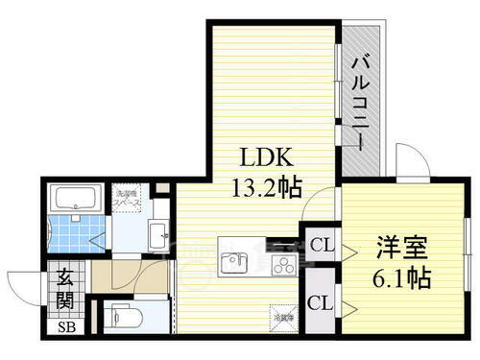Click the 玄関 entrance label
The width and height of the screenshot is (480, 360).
pos(63,286)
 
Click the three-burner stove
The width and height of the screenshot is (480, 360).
pos(283,262)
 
